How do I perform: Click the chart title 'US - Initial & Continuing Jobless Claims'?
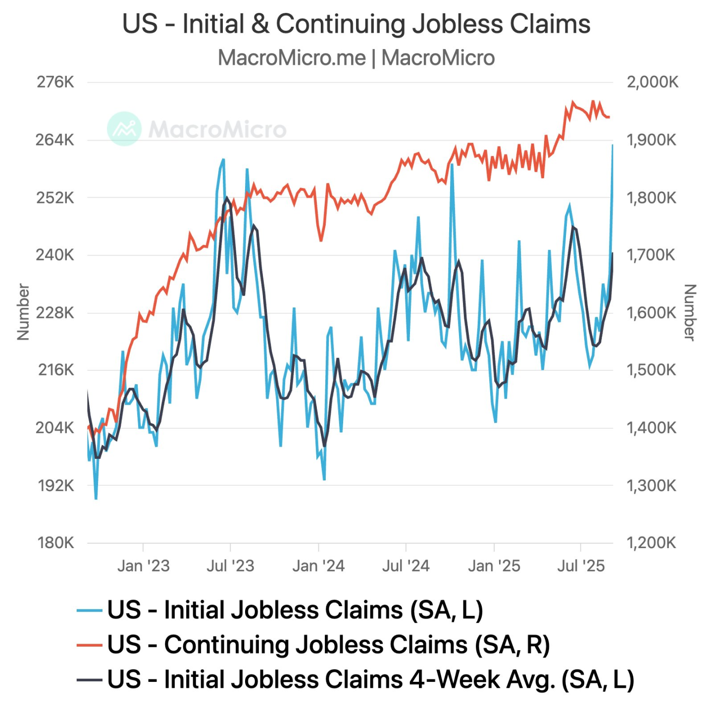click(x=356, y=24)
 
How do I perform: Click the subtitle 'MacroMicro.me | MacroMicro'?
click(x=356, y=58)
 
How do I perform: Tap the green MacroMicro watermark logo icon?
click(x=124, y=129)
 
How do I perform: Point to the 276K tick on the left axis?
click(x=55, y=82)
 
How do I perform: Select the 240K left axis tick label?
click(x=55, y=255)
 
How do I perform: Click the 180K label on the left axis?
click(x=55, y=543)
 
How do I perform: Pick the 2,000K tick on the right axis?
click(x=652, y=82)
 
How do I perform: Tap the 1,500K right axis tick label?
click(x=651, y=370)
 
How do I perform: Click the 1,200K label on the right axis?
click(x=651, y=543)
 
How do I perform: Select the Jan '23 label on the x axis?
click(x=143, y=565)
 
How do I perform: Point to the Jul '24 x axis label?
click(x=406, y=565)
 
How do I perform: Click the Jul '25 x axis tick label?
click(x=581, y=565)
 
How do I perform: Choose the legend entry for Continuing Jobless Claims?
click(x=328, y=645)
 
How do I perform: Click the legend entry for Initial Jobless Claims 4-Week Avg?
click(x=370, y=679)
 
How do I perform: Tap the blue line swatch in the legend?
click(x=90, y=610)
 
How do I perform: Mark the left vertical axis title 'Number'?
click(x=23, y=312)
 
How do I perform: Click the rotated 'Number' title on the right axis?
click(x=690, y=312)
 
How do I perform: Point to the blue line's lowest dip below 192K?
click(x=96, y=498)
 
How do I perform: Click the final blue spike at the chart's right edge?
click(x=612, y=146)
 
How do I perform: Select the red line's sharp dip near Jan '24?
click(x=321, y=241)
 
